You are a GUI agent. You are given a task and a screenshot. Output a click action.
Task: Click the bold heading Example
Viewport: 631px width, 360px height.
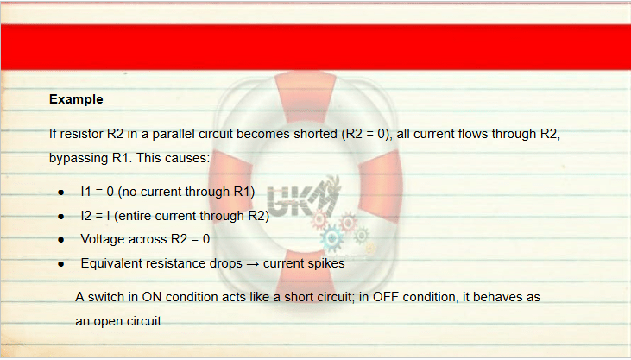click(x=76, y=99)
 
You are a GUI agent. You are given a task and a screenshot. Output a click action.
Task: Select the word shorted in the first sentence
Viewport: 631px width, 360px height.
click(x=315, y=134)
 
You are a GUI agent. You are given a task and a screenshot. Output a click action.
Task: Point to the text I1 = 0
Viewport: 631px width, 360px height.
click(x=98, y=192)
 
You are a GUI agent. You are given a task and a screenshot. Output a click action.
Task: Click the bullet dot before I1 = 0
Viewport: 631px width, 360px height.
click(x=60, y=193)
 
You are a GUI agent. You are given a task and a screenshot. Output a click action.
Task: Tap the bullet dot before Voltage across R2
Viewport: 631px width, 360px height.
click(x=60, y=240)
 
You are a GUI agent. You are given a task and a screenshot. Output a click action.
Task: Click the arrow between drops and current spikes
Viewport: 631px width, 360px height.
click(x=253, y=264)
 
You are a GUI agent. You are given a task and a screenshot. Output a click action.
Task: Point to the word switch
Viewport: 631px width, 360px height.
click(x=106, y=297)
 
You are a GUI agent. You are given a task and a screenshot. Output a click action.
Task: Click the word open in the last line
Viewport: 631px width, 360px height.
click(x=108, y=321)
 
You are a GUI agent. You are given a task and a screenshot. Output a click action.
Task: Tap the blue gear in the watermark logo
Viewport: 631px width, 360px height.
click(x=332, y=238)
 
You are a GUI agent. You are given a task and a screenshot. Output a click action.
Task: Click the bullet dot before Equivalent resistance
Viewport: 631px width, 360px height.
click(x=60, y=264)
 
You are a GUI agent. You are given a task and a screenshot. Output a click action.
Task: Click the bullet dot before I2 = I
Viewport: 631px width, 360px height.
click(x=60, y=217)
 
